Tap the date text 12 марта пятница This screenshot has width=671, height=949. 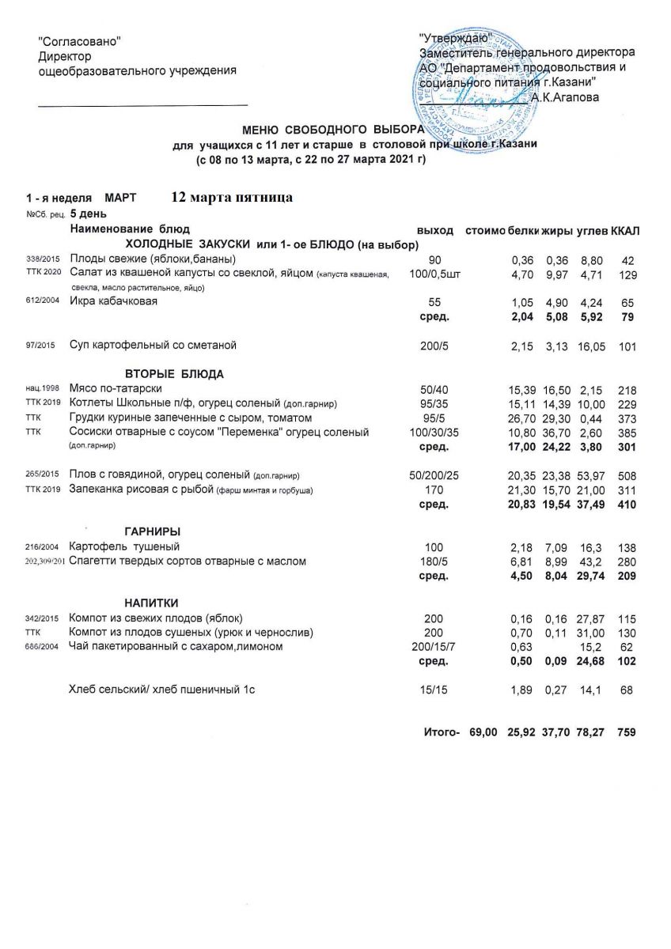[232, 197]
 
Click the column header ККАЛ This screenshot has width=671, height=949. [626, 230]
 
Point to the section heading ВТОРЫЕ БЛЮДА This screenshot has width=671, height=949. [174, 373]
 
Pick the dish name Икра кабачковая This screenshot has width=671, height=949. [114, 302]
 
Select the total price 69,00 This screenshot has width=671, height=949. [483, 733]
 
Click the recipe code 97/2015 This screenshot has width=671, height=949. [40, 346]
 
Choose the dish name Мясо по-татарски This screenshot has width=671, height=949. [116, 389]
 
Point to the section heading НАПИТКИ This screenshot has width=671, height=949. [151, 603]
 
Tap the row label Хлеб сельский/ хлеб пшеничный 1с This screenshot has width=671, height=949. [162, 690]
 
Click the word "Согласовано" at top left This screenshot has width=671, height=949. [80, 41]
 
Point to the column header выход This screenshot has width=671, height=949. [435, 230]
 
